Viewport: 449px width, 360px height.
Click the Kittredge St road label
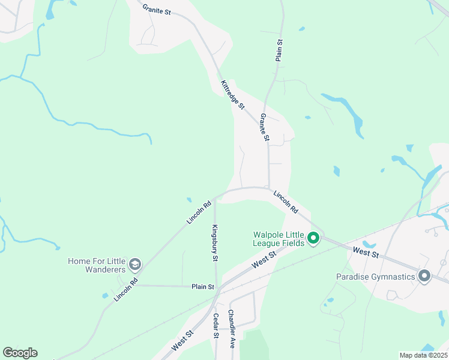pyautogui.click(x=232, y=95)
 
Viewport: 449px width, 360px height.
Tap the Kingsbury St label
pyautogui.click(x=214, y=242)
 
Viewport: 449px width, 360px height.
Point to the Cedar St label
pyautogui.click(x=215, y=325)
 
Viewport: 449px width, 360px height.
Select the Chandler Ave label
pyautogui.click(x=231, y=329)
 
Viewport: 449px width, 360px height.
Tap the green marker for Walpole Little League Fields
pyautogui.click(x=313, y=239)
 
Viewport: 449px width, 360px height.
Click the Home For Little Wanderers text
pyautogui.click(x=97, y=265)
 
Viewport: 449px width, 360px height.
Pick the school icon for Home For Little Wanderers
pyautogui.click(x=136, y=265)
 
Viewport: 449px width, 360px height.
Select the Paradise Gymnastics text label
pyautogui.click(x=376, y=277)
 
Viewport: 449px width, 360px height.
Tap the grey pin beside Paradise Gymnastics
pyautogui.click(x=424, y=277)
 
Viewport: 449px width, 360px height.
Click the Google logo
pyautogui.click(x=20, y=352)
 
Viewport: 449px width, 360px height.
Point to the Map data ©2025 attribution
pyautogui.click(x=423, y=355)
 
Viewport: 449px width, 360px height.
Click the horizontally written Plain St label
pyautogui.click(x=203, y=287)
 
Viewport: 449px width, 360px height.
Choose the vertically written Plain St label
pyautogui.click(x=279, y=50)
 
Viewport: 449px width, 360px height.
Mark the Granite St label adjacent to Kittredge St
pyautogui.click(x=265, y=127)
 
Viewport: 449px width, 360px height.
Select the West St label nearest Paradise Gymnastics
pyautogui.click(x=366, y=254)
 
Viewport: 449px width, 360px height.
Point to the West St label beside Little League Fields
pyautogui.click(x=264, y=260)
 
